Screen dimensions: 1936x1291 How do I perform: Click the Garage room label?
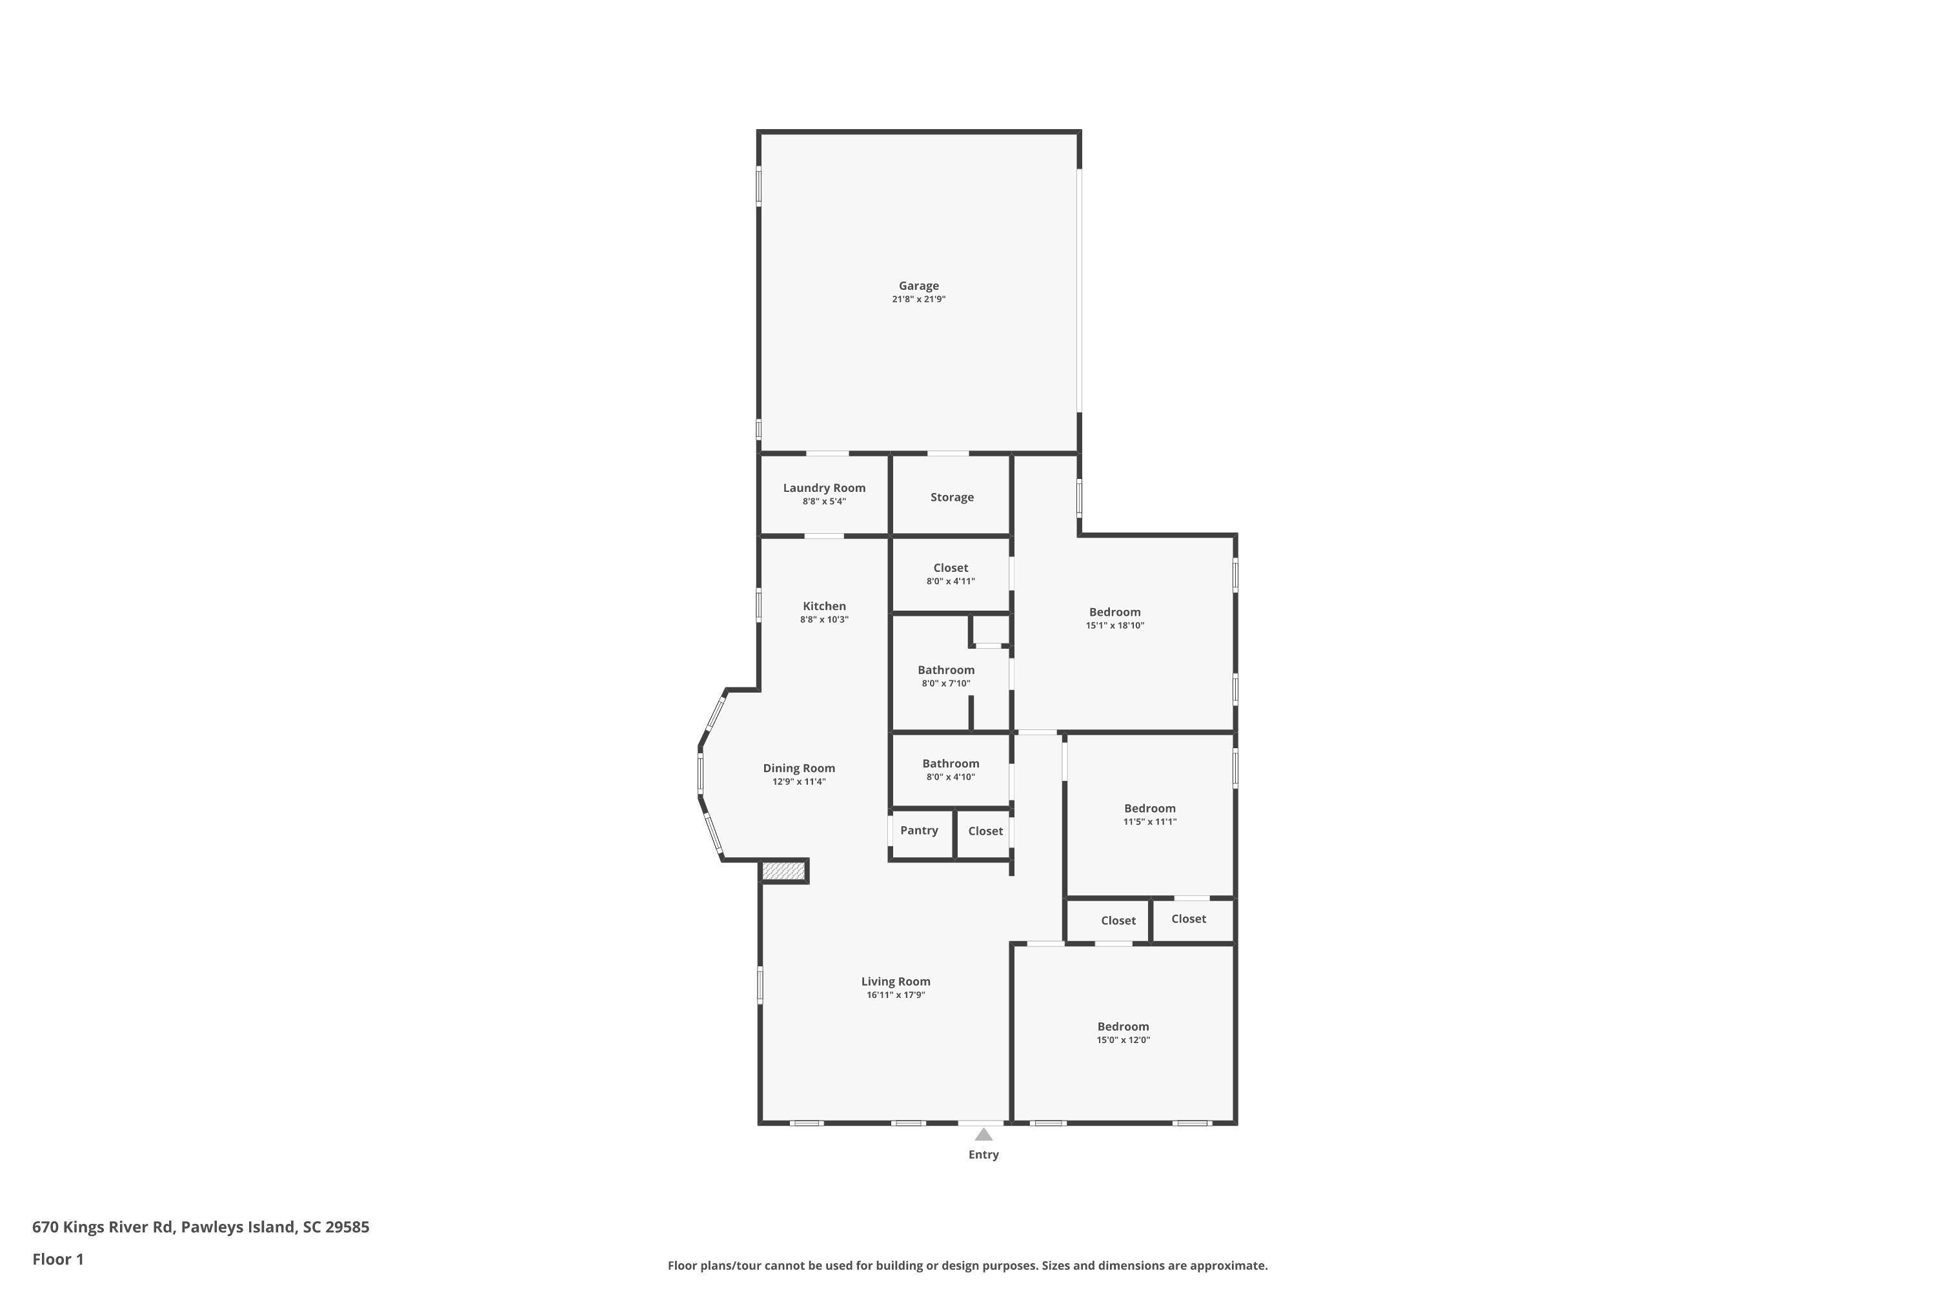918,286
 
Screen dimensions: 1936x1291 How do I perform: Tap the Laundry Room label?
824,487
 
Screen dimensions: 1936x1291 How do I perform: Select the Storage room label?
951,497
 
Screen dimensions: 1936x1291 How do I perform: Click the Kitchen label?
824,606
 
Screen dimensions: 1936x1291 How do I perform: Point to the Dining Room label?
798,768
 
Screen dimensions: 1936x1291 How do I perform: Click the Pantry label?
918,830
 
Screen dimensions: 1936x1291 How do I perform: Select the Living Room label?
896,981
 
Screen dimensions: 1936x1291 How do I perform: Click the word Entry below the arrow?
983,1154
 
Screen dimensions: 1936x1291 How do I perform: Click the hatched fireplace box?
783,870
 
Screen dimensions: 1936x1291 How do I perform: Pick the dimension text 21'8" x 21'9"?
918,300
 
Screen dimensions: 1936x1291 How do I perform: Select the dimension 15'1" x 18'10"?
1114,625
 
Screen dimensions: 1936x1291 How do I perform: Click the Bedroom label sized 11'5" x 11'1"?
1150,809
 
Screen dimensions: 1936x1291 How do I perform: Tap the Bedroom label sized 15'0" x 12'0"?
1123,1027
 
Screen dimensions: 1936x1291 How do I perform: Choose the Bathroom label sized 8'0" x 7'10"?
946,670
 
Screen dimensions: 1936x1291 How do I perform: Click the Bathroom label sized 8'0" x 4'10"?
951,763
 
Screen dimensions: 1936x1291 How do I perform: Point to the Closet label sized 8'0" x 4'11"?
951,568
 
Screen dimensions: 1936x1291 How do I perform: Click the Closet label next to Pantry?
985,831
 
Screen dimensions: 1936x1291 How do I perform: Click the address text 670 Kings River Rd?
103,1227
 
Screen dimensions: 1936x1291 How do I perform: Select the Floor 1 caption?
57,1259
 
